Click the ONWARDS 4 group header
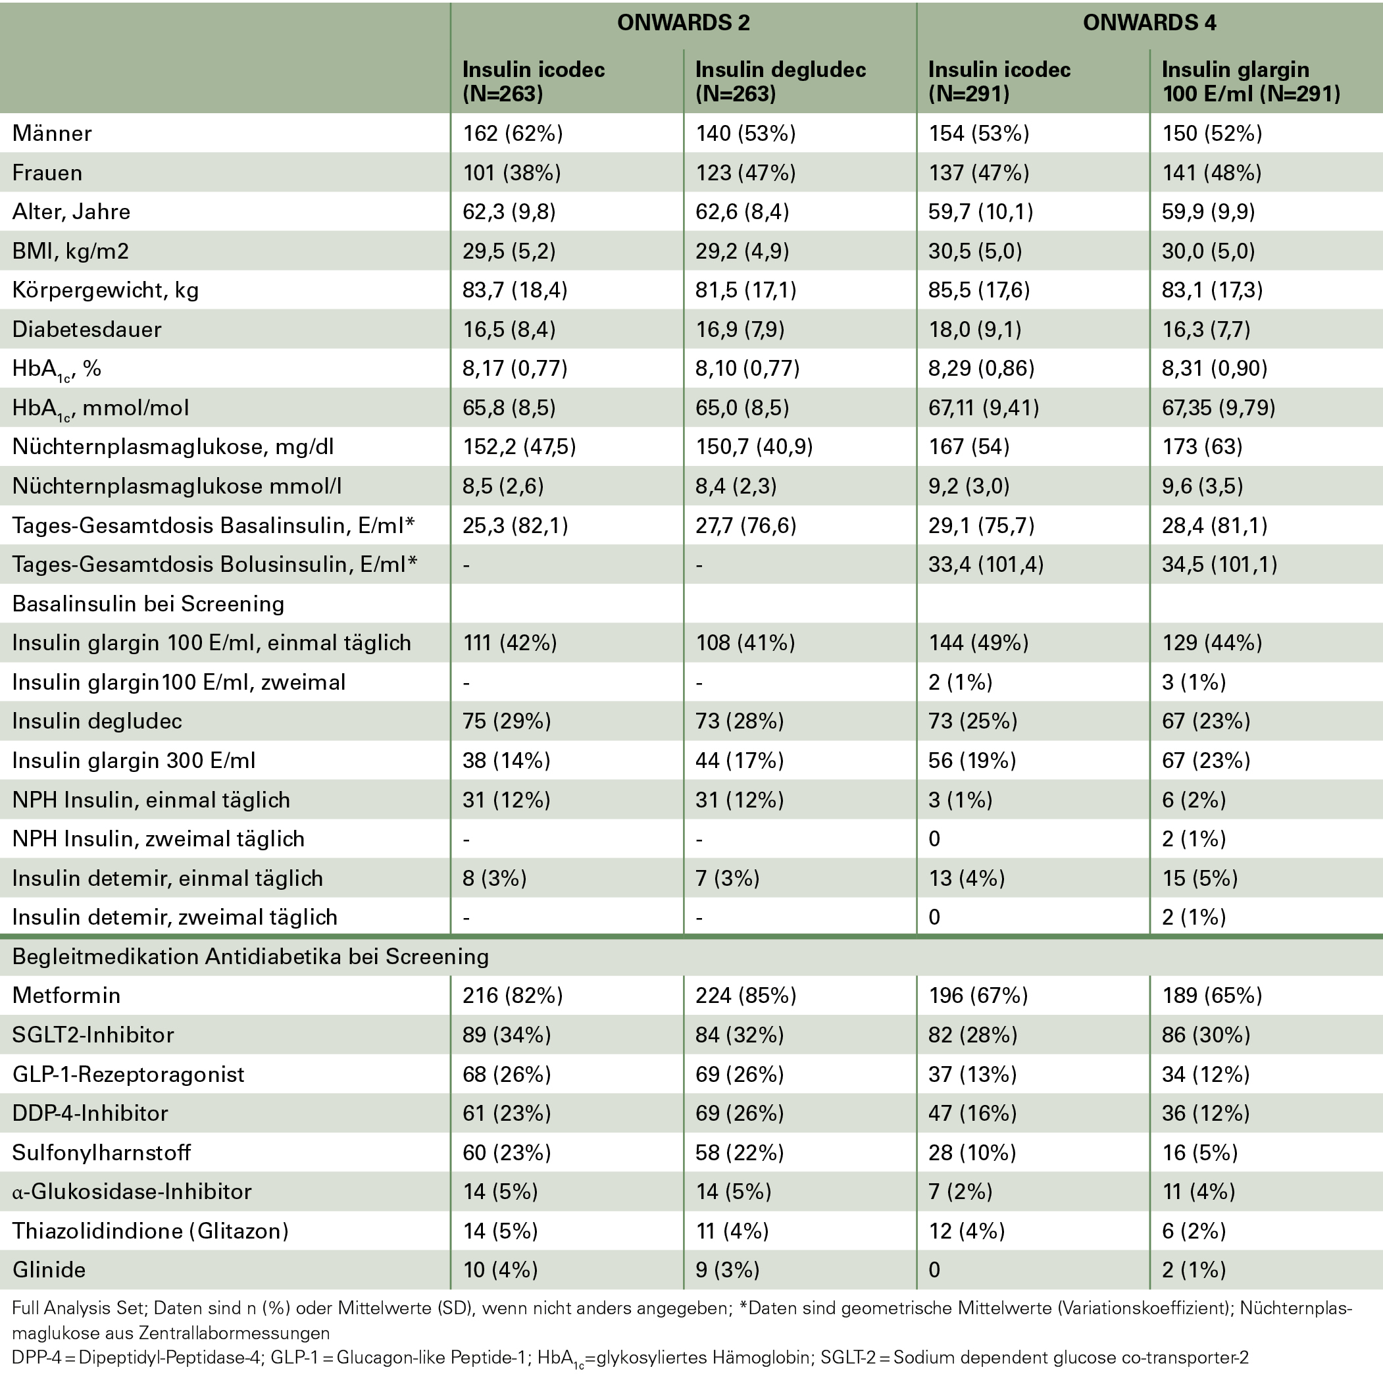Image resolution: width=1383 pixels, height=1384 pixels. point(1149,23)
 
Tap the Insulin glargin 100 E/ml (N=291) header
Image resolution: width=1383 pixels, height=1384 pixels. point(1250,81)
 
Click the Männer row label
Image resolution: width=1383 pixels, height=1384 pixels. point(52,133)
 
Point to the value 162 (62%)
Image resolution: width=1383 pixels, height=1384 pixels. point(512,133)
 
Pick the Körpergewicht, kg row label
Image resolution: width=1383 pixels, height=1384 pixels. point(105,290)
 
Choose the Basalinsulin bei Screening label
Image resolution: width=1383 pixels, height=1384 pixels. point(148,604)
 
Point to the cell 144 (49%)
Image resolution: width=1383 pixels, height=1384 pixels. point(978,642)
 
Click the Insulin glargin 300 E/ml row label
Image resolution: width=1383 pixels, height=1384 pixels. point(134,760)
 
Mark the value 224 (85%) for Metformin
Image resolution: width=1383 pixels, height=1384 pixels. point(745,995)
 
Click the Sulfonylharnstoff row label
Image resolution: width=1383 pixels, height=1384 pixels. point(102,1152)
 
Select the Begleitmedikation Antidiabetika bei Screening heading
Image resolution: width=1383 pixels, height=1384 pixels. point(251,956)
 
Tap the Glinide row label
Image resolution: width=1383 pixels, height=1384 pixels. point(49,1269)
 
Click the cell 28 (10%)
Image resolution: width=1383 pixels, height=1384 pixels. point(971,1152)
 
